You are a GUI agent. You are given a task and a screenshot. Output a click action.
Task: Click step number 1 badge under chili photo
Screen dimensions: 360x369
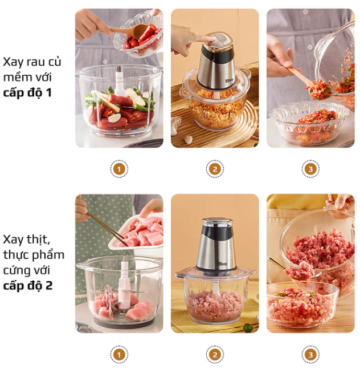click(119, 169)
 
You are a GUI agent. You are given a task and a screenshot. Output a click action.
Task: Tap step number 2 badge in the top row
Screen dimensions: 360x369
click(215, 169)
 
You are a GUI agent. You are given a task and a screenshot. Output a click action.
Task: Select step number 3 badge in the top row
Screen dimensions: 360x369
click(310, 169)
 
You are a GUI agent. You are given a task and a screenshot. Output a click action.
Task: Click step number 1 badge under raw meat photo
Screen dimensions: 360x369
click(119, 354)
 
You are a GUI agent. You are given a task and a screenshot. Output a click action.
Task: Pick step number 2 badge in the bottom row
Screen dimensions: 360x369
click(215, 354)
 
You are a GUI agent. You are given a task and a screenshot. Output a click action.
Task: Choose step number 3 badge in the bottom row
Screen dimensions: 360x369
click(310, 354)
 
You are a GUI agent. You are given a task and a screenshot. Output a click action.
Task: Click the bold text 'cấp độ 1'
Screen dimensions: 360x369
click(27, 92)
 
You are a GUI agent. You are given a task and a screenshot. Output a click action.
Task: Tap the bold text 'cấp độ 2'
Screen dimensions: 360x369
click(28, 286)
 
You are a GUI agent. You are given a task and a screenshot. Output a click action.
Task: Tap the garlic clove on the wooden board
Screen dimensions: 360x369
click(187, 139)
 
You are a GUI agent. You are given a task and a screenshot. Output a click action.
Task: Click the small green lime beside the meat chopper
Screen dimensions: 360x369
click(248, 327)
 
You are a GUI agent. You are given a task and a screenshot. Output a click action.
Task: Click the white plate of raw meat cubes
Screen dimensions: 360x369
click(136, 233)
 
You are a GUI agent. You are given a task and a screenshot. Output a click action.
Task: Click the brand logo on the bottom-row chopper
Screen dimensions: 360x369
click(222, 263)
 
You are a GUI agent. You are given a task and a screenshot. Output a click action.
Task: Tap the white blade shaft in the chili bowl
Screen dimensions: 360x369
click(119, 81)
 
